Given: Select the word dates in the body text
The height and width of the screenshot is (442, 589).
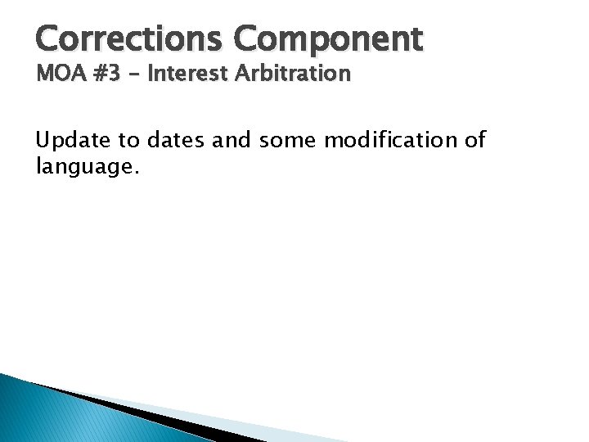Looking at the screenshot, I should pos(178,141).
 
